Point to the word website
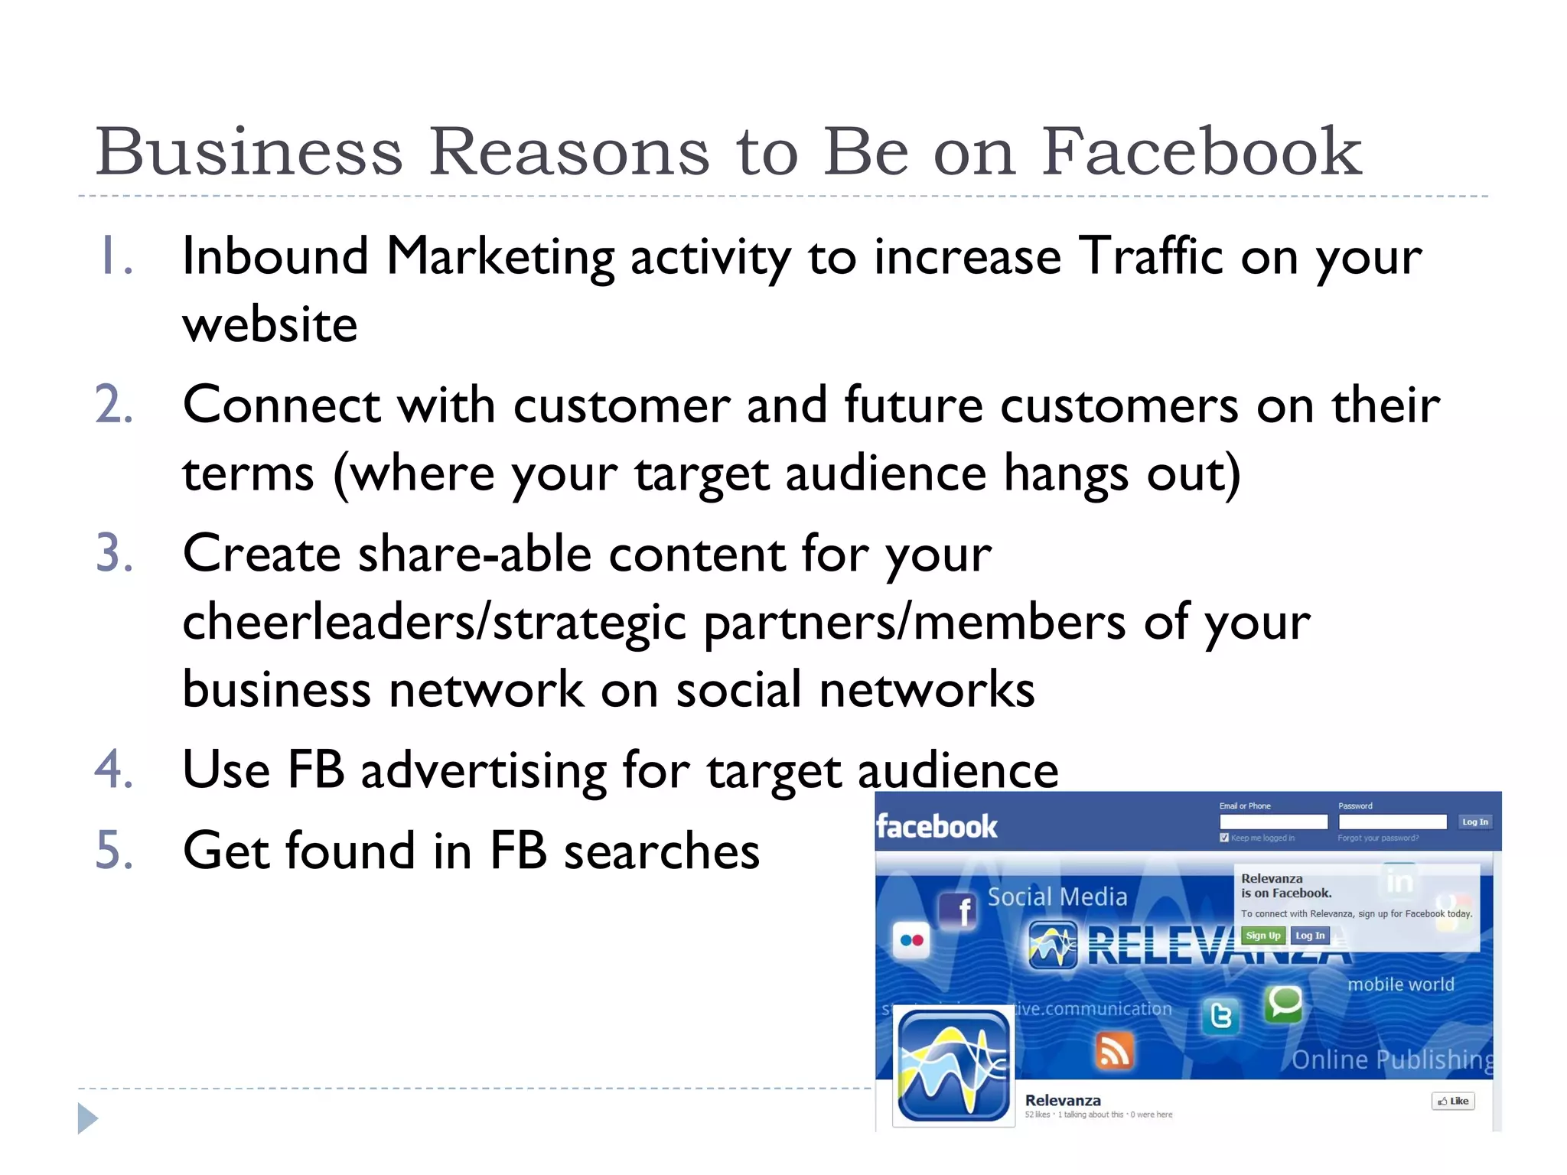click(270, 324)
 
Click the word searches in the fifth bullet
click(662, 851)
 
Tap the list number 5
click(113, 851)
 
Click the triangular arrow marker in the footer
click(87, 1118)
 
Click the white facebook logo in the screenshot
click(937, 827)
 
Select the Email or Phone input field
click(1273, 822)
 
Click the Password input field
click(1392, 822)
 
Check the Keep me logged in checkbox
click(1224, 838)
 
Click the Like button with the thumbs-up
click(1452, 1101)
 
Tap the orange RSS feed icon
click(1114, 1051)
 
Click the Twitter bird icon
click(1221, 1016)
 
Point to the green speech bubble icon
click(1284, 1002)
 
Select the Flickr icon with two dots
click(911, 940)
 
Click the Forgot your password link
click(1378, 838)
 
